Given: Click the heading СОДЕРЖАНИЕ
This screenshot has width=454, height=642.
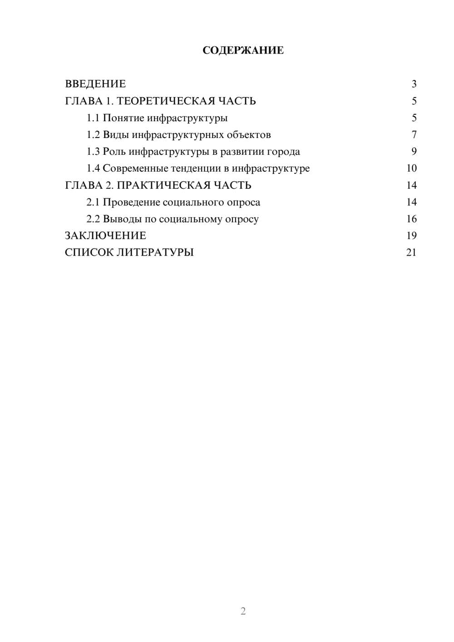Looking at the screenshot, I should (243, 50).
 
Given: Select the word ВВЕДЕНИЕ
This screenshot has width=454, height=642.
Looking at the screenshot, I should (95, 84).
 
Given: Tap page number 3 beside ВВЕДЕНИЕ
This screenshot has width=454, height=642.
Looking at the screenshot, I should (414, 84).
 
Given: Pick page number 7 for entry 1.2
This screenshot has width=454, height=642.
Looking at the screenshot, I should (414, 135).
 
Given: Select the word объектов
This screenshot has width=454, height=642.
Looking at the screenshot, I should (248, 135).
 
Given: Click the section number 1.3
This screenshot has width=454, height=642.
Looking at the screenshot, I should (93, 152).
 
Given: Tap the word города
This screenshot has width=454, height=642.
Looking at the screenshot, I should (283, 152).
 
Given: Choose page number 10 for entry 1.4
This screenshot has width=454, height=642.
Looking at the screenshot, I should (411, 168).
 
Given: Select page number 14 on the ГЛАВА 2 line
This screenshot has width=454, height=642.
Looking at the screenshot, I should (411, 185).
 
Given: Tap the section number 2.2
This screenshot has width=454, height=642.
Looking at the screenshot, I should (93, 219).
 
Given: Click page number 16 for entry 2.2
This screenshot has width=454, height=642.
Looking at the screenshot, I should (411, 219).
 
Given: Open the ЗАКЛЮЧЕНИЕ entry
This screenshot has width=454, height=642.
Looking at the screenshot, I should (105, 236).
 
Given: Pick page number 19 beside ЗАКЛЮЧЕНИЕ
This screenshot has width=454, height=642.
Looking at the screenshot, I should (411, 236).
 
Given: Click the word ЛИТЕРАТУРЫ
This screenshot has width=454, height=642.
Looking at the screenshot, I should (155, 252).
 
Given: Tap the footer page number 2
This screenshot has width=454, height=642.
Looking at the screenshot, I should (243, 611).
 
